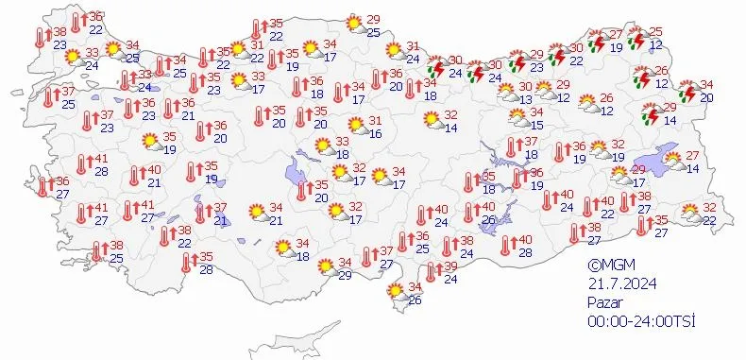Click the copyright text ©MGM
(x=607, y=266)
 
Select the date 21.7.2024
(x=619, y=283)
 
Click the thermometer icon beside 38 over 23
(x=40, y=37)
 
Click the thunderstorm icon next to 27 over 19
(x=597, y=41)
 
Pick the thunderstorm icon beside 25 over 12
(x=638, y=40)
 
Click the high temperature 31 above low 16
(x=375, y=121)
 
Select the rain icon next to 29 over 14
(x=649, y=114)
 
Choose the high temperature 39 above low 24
(x=450, y=266)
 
